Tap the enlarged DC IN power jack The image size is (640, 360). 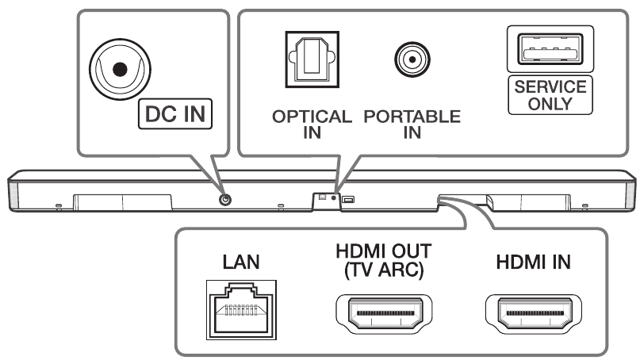(x=119, y=70)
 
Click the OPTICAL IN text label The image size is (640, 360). (x=312, y=123)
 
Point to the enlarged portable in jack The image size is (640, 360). (x=412, y=59)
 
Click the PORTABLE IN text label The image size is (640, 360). (x=412, y=123)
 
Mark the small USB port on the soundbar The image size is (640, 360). (x=349, y=200)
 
